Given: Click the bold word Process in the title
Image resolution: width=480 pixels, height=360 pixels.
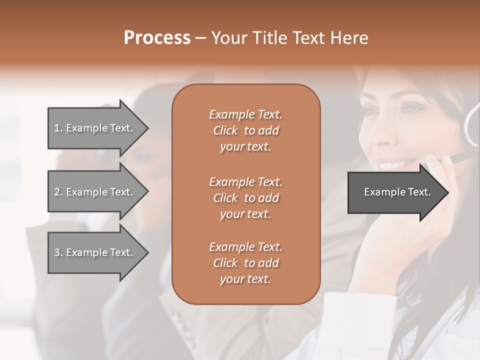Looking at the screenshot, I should point(157,38).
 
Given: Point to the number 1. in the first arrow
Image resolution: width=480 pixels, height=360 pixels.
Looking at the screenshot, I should point(58,128).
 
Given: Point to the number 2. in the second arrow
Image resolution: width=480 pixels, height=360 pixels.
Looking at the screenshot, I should point(58,192).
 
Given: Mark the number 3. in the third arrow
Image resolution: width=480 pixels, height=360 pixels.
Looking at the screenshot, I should point(58,252).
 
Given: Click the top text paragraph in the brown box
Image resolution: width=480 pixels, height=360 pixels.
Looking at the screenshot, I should point(245,130).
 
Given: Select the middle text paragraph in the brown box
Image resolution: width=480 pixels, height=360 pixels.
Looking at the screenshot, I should point(245,198).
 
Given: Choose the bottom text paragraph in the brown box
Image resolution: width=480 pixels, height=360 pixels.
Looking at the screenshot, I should point(245,263).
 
